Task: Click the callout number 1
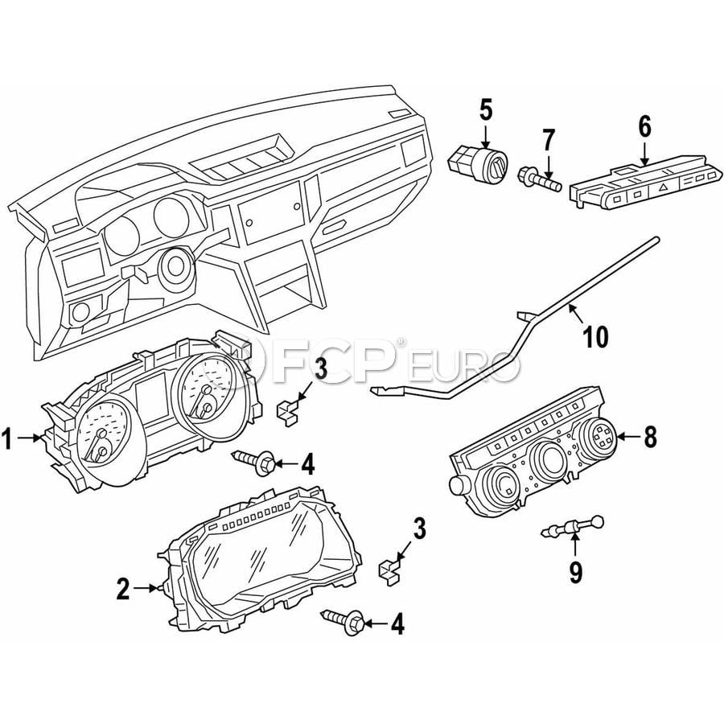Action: (x=7, y=438)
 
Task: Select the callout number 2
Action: (x=123, y=589)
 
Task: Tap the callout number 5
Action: (x=486, y=110)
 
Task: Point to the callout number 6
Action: (x=644, y=126)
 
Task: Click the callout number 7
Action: (x=548, y=141)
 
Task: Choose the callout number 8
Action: (x=650, y=436)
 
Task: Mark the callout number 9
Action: (x=575, y=573)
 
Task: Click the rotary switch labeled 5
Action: (x=479, y=165)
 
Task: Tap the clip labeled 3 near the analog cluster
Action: (x=287, y=413)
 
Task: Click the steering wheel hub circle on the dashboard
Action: (x=176, y=266)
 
